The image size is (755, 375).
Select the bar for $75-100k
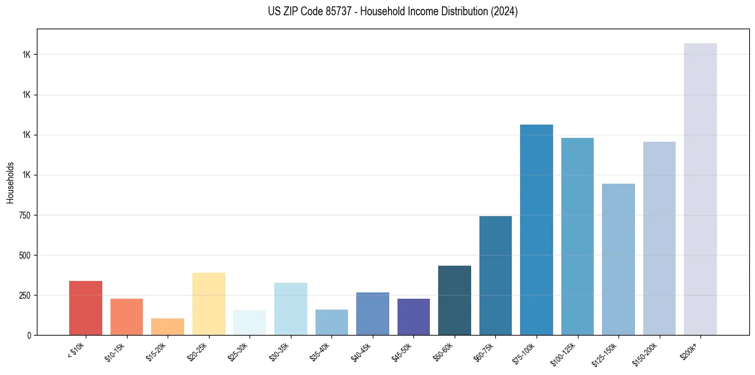[x=536, y=229]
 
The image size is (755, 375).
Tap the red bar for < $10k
[x=85, y=308]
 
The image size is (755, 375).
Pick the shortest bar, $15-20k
[x=167, y=327]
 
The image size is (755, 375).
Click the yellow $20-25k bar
[x=208, y=304]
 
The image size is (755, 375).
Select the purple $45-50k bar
[x=413, y=317]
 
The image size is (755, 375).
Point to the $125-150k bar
[x=618, y=259]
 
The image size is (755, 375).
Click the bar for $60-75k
[x=495, y=275]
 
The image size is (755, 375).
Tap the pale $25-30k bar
[x=249, y=322]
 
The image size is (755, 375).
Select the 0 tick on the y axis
[x=30, y=335]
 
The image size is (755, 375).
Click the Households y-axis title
[x=10, y=182]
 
